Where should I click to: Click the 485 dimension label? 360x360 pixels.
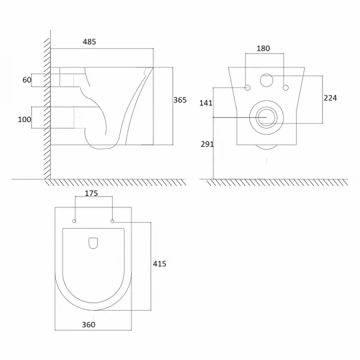click(x=89, y=42)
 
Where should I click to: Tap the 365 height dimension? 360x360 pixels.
click(x=180, y=100)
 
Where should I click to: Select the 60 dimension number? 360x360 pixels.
click(x=27, y=80)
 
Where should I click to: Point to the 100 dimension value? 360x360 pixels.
click(x=25, y=119)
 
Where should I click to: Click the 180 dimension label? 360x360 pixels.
click(x=263, y=49)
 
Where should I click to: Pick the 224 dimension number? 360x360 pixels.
click(x=331, y=98)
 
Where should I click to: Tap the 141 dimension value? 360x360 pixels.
click(x=206, y=103)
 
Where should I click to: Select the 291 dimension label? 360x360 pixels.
click(x=207, y=144)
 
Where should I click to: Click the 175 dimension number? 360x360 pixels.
click(x=91, y=193)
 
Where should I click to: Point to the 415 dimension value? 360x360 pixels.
click(x=159, y=264)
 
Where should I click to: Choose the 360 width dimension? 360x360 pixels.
click(x=89, y=325)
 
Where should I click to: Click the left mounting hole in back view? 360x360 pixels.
click(x=247, y=88)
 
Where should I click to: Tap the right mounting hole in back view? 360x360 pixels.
click(x=285, y=88)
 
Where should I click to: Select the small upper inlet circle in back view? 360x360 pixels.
click(x=267, y=81)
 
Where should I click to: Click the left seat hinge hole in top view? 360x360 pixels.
click(x=74, y=221)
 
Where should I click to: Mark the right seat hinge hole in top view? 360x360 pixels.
click(x=112, y=221)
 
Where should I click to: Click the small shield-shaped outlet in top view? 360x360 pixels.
click(x=93, y=243)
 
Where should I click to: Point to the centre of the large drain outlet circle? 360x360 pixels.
click(x=267, y=117)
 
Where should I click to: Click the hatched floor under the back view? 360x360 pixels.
click(x=277, y=183)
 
